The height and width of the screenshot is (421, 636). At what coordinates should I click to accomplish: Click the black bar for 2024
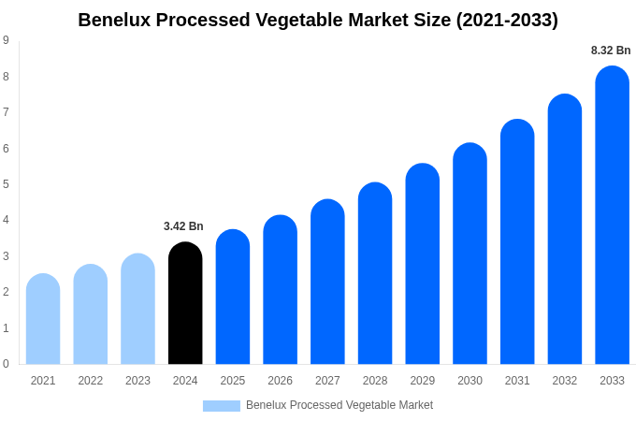[x=185, y=303]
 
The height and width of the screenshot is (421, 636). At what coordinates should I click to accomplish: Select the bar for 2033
[x=612, y=215]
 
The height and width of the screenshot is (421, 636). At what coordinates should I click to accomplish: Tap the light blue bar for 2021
[x=43, y=319]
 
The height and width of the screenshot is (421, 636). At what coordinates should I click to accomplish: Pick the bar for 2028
[x=375, y=273]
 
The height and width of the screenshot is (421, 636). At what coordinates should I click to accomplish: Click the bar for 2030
[x=470, y=254]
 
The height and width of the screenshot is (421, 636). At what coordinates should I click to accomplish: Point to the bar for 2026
[x=280, y=290]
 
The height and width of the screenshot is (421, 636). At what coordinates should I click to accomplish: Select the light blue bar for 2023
[x=137, y=309]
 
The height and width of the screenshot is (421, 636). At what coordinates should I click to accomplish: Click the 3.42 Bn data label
[x=183, y=226]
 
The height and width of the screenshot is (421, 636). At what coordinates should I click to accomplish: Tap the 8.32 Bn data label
[x=611, y=51]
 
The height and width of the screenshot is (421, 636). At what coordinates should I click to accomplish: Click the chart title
[x=318, y=20]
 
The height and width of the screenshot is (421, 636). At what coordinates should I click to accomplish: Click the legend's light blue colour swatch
[x=221, y=406]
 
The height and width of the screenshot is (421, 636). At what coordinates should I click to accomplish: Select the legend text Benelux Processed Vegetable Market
[x=340, y=405]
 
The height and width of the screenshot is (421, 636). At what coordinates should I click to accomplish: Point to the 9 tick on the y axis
[x=6, y=40]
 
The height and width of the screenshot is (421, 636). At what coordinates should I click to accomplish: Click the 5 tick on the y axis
[x=6, y=184]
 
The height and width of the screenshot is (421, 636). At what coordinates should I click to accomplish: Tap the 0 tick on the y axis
[x=6, y=364]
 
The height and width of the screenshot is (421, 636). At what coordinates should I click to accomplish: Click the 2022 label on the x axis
[x=91, y=381]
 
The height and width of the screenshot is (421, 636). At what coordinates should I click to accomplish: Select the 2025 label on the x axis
[x=233, y=381]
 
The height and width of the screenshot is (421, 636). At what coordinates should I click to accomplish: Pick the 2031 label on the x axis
[x=517, y=381]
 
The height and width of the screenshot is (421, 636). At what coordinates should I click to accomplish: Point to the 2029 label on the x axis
[x=422, y=381]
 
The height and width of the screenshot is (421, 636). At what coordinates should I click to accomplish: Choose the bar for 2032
[x=564, y=229]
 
